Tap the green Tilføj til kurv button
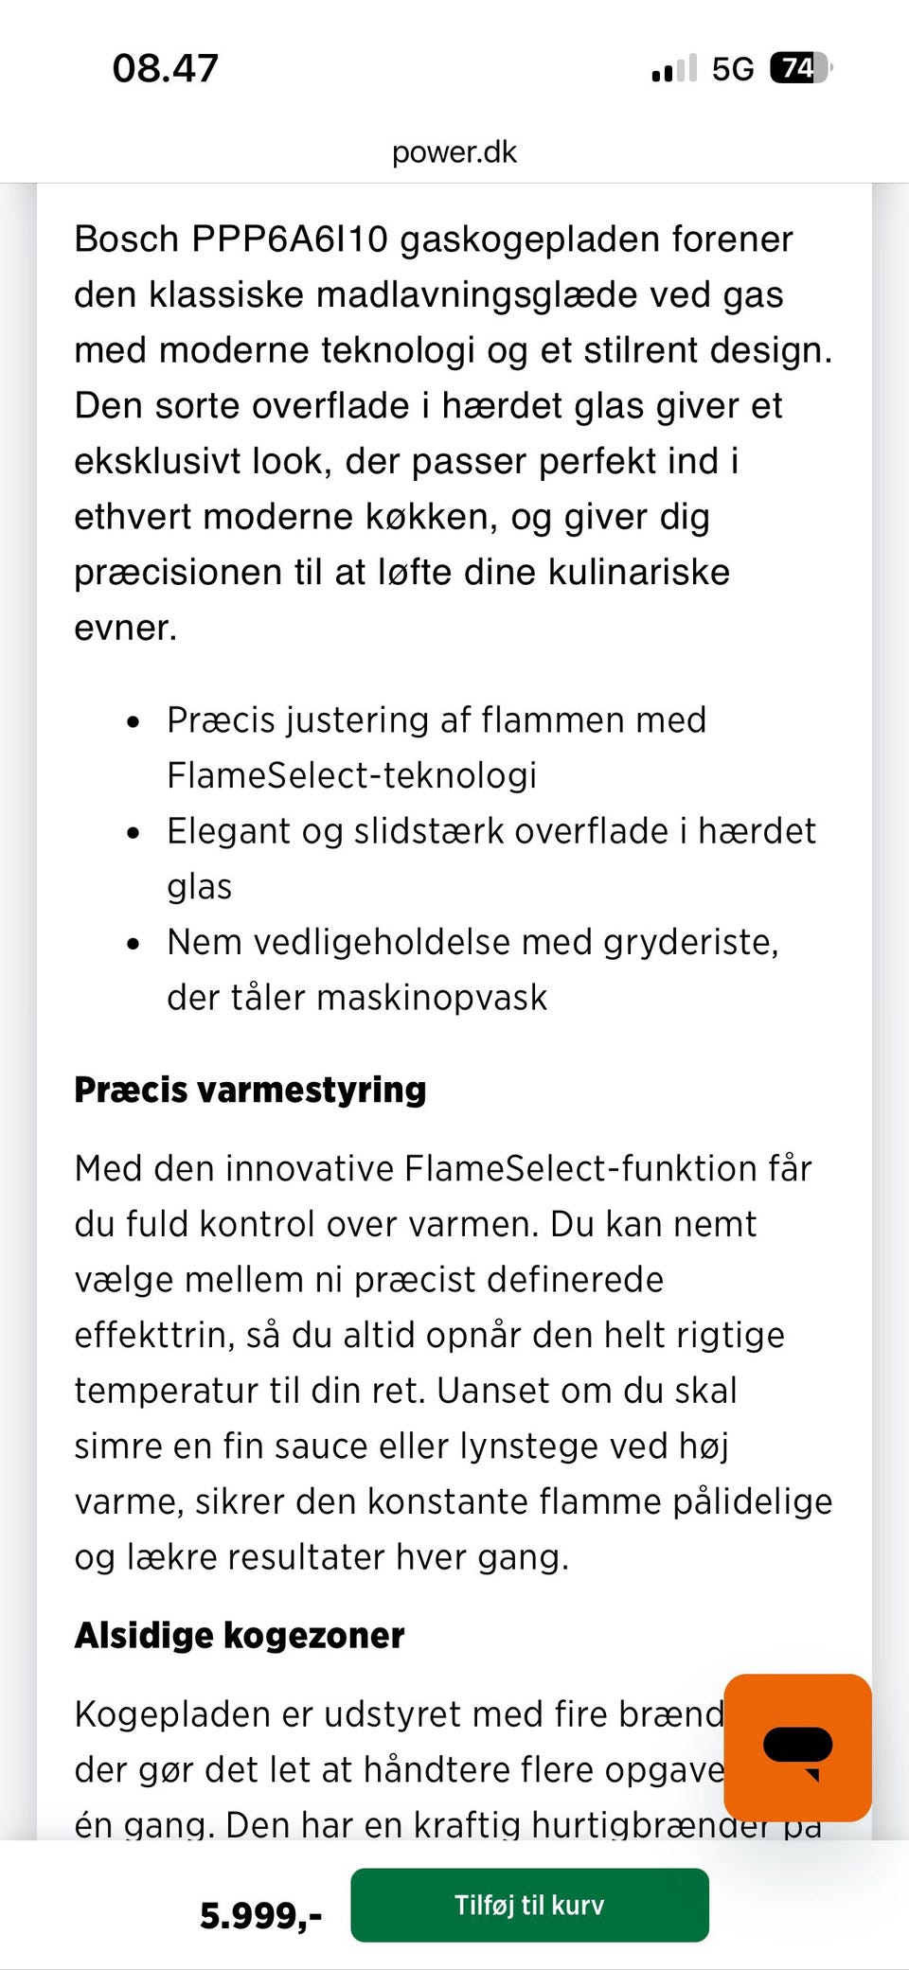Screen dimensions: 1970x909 pos(529,1905)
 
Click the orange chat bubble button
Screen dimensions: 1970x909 pos(797,1748)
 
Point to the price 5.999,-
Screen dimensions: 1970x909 pos(260,1915)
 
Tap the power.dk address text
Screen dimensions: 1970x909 pos(454,152)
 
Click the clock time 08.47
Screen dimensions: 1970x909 pos(166,68)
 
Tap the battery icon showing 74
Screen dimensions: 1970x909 pos(801,68)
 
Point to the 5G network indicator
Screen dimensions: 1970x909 pos(733,69)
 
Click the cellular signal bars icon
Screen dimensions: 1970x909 pos(674,69)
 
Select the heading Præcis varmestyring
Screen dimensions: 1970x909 pos(250,1090)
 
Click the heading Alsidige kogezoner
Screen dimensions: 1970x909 pos(240,1635)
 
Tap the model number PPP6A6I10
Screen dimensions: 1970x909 pos(290,240)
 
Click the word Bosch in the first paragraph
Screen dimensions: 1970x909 pos(126,240)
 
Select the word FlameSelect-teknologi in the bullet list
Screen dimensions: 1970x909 pos(352,775)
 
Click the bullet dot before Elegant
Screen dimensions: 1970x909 pos(134,833)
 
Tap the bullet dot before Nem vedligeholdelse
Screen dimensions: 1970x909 pos(134,944)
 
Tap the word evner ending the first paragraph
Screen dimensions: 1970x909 pos(124,628)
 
